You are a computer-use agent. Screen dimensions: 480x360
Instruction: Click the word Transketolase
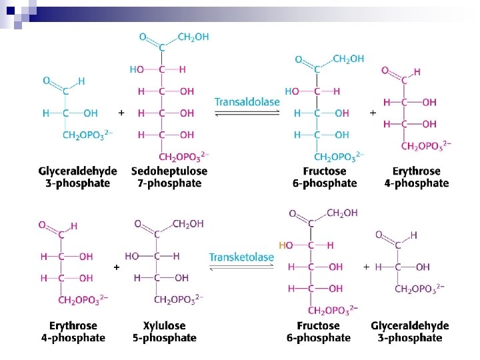[x=241, y=257]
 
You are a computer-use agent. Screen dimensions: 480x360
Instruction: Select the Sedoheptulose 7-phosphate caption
[x=169, y=177]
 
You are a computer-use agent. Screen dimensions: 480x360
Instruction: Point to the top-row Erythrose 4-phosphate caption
[x=416, y=177]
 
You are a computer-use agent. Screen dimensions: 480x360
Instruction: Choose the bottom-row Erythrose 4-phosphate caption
[x=77, y=331]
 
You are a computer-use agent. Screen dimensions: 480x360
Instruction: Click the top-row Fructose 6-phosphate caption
[x=326, y=177]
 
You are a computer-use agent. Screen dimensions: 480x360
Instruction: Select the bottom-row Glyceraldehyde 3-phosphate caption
[x=409, y=331]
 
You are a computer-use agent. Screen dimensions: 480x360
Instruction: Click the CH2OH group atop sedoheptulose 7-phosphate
[x=193, y=37]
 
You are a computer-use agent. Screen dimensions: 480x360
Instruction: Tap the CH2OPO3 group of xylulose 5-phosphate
[x=179, y=299]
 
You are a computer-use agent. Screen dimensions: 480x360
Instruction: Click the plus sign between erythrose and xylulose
[x=117, y=267]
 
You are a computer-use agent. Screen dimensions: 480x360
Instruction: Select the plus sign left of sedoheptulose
[x=121, y=113]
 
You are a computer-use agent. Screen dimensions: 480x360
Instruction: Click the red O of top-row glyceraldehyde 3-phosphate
[x=47, y=81]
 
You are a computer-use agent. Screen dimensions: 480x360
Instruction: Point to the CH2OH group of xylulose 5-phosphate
[x=188, y=224]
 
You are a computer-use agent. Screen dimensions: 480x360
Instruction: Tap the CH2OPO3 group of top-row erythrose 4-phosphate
[x=426, y=145]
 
